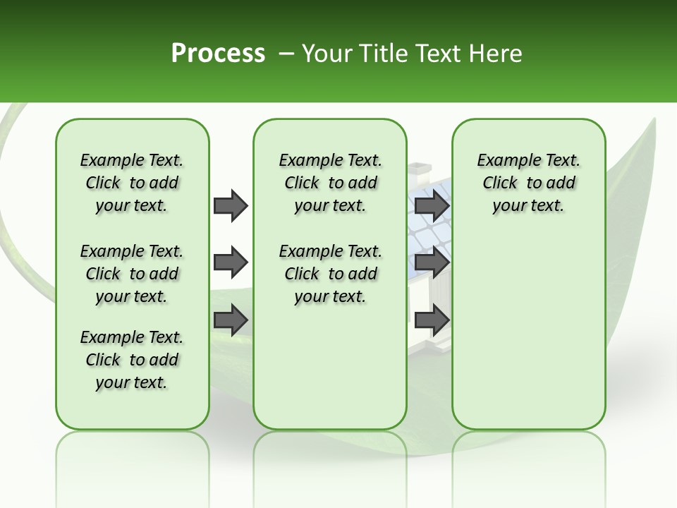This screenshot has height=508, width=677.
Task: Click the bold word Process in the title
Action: pyautogui.click(x=218, y=54)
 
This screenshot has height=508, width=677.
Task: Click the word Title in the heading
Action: pyautogui.click(x=381, y=54)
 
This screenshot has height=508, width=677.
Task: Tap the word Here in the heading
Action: pyautogui.click(x=496, y=54)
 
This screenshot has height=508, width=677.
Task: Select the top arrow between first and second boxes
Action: pyautogui.click(x=231, y=205)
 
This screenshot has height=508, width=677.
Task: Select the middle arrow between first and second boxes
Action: pyautogui.click(x=231, y=262)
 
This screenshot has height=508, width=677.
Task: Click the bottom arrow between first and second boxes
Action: pyautogui.click(x=231, y=320)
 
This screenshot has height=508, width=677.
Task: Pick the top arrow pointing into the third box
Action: pyautogui.click(x=432, y=205)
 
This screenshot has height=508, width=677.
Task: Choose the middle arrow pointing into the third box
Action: pyautogui.click(x=432, y=262)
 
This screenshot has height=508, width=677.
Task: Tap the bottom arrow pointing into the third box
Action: pyautogui.click(x=432, y=320)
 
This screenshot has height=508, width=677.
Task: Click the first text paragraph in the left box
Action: pyautogui.click(x=132, y=183)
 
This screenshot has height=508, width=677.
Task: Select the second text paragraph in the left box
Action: pyautogui.click(x=132, y=274)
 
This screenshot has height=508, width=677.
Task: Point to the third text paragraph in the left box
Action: pyautogui.click(x=132, y=360)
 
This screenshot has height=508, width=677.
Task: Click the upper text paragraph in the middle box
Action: pyautogui.click(x=330, y=183)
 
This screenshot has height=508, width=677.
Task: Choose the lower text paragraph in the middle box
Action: pyautogui.click(x=330, y=274)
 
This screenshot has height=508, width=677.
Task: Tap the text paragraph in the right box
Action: pyautogui.click(x=528, y=183)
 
